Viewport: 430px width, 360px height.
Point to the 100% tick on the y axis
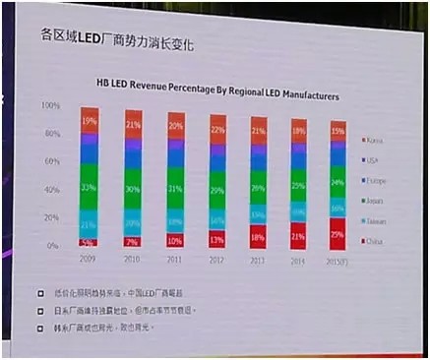click(x=49, y=104)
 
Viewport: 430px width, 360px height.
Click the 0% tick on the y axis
click(x=53, y=245)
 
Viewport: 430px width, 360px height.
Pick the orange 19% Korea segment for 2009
click(x=90, y=120)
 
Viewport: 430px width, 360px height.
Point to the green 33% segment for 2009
click(x=90, y=187)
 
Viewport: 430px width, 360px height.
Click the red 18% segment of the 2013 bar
click(x=257, y=237)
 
